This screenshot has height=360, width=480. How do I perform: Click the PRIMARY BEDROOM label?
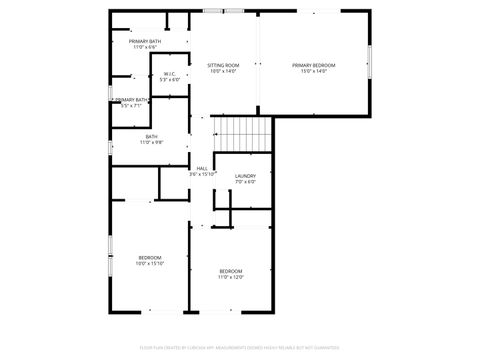313,66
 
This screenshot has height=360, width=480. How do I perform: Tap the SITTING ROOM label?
224,65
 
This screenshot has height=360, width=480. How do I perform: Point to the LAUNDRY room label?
245,176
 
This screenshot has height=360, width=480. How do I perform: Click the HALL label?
202,168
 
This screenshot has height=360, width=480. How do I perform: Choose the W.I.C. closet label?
170,74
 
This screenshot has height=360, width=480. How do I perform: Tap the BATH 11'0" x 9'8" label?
151,137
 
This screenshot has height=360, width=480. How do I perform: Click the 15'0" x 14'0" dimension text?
313,72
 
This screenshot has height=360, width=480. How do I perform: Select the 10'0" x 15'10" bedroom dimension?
150,264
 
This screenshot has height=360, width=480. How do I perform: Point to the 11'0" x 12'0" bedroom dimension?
231,277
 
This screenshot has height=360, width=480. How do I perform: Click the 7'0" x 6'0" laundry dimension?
245,182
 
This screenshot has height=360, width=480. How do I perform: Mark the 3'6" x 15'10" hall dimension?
202,174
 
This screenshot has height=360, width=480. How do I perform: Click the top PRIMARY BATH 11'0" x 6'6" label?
145,41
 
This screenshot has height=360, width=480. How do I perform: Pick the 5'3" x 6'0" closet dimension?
170,80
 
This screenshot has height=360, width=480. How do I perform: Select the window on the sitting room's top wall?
213,11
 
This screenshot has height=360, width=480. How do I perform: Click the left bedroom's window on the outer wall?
109,271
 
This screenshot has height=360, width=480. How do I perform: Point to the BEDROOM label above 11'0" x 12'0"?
231,271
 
